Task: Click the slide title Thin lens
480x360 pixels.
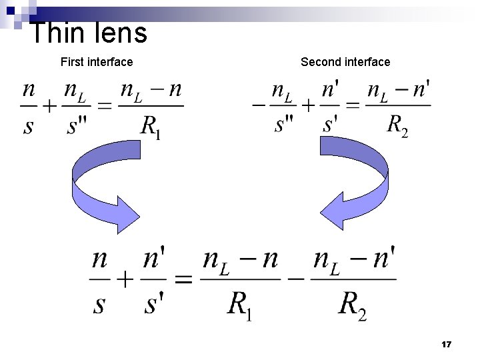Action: point(89,32)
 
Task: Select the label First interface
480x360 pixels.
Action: point(97,62)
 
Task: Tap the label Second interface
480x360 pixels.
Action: point(345,62)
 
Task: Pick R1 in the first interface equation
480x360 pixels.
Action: point(151,126)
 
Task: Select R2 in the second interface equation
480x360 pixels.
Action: point(397,125)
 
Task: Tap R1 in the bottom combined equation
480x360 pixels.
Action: point(241,306)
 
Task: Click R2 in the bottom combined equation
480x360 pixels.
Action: point(352,306)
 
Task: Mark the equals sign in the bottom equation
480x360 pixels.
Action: point(183,280)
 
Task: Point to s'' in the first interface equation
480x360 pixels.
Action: point(77,125)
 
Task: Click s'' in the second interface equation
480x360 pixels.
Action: point(285,125)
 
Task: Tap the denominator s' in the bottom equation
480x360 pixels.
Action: point(155,304)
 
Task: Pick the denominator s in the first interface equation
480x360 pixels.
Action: point(28,126)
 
